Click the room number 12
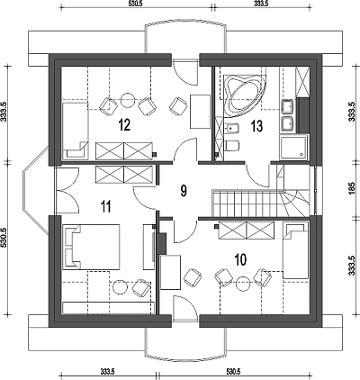click(124, 125)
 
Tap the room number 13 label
click(256, 126)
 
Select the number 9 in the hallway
click(184, 191)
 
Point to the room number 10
click(240, 259)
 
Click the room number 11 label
click(105, 207)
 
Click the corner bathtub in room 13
click(244, 95)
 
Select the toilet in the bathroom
click(231, 146)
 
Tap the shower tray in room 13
click(293, 148)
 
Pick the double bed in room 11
click(91, 247)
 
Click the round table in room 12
click(128, 99)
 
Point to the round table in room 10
click(243, 284)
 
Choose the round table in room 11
click(120, 287)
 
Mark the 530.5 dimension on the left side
click(4, 238)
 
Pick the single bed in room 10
click(295, 250)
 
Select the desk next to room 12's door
click(200, 112)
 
